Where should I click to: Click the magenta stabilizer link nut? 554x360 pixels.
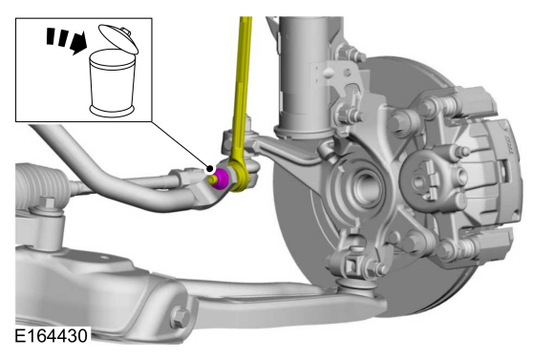[x=222, y=179]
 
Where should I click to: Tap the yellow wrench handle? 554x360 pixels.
[x=242, y=88]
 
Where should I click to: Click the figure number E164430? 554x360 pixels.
[x=51, y=335]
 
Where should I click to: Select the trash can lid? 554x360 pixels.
[x=118, y=38]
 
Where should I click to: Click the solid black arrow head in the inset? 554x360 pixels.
[x=79, y=42]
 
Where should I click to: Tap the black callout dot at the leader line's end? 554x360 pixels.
[x=210, y=168]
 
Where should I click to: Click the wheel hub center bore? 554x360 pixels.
[x=367, y=186]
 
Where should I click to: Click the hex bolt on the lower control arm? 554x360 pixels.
[x=180, y=318]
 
